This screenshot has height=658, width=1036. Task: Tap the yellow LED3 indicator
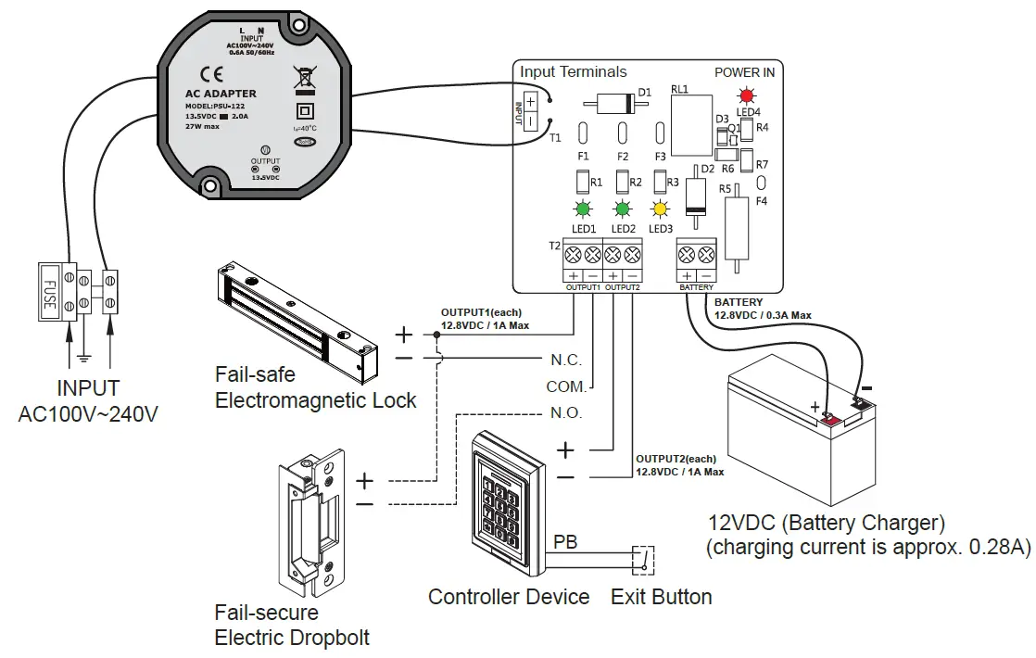(660, 209)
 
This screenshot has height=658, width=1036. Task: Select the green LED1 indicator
(583, 209)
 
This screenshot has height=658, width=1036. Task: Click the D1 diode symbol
(619, 103)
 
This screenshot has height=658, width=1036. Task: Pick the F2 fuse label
(622, 157)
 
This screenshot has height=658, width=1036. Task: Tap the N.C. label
(566, 360)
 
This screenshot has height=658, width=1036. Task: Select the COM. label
(565, 386)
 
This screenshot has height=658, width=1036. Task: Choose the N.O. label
(566, 412)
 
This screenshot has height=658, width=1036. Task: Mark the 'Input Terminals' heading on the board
(573, 71)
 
